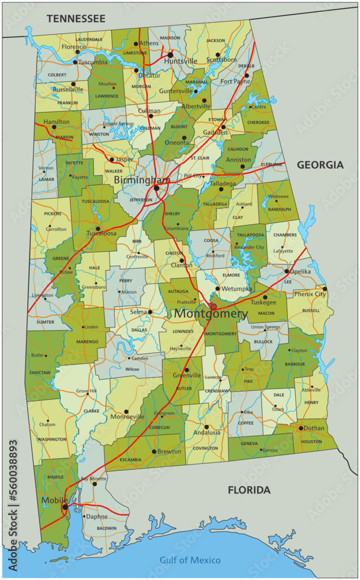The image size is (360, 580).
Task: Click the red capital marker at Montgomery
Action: tap(213, 306)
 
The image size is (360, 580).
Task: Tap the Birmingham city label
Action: tap(141, 180)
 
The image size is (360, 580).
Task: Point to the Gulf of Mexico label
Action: tap(190, 560)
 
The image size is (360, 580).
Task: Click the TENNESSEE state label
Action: tap(76, 19)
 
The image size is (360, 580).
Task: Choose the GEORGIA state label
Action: tap(320, 165)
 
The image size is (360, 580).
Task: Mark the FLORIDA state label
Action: tap(249, 490)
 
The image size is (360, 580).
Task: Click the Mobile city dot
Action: tap(65, 506)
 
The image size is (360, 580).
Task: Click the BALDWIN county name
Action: tap(107, 528)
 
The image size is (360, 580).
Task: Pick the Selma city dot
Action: tap(150, 311)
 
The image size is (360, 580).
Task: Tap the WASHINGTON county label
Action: tap(52, 439)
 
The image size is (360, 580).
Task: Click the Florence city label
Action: tap(74, 47)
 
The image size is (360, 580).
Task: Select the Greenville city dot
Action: tap(187, 369)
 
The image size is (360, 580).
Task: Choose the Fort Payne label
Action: tap(235, 82)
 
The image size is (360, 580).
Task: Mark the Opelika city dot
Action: tap(286, 271)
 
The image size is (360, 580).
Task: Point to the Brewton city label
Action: tap(169, 451)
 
